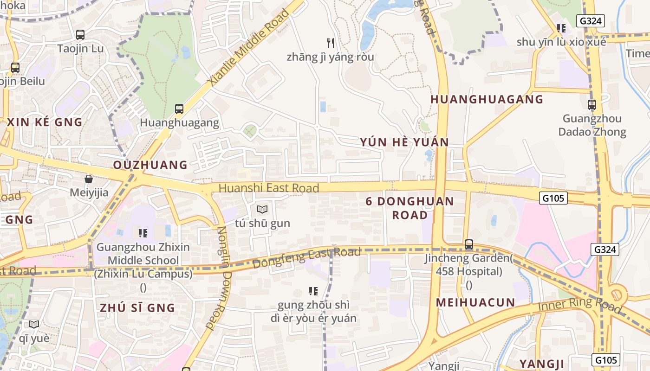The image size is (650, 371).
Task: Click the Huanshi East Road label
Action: click(x=268, y=188)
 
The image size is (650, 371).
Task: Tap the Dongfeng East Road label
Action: click(x=306, y=258)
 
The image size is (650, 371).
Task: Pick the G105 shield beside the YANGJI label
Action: click(x=606, y=360)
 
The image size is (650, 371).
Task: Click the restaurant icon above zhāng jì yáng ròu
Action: click(x=331, y=43)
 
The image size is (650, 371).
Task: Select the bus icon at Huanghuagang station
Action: click(x=179, y=109)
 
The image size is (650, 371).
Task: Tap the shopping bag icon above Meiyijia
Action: click(x=89, y=179)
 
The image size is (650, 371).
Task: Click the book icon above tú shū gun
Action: click(x=262, y=210)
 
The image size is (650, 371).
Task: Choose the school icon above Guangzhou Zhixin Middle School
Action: click(x=143, y=233)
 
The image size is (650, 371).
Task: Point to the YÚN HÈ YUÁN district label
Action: click(x=404, y=142)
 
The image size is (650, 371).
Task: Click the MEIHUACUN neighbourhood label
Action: click(x=475, y=303)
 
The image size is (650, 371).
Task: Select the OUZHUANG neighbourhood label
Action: click(x=150, y=165)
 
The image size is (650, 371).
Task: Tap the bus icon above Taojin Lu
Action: click(x=80, y=35)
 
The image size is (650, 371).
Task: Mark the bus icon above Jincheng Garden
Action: click(x=469, y=244)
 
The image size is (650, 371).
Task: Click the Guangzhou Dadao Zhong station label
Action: click(x=592, y=125)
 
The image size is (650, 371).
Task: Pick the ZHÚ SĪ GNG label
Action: click(x=137, y=308)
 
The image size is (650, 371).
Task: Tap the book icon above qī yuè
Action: click(x=34, y=324)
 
